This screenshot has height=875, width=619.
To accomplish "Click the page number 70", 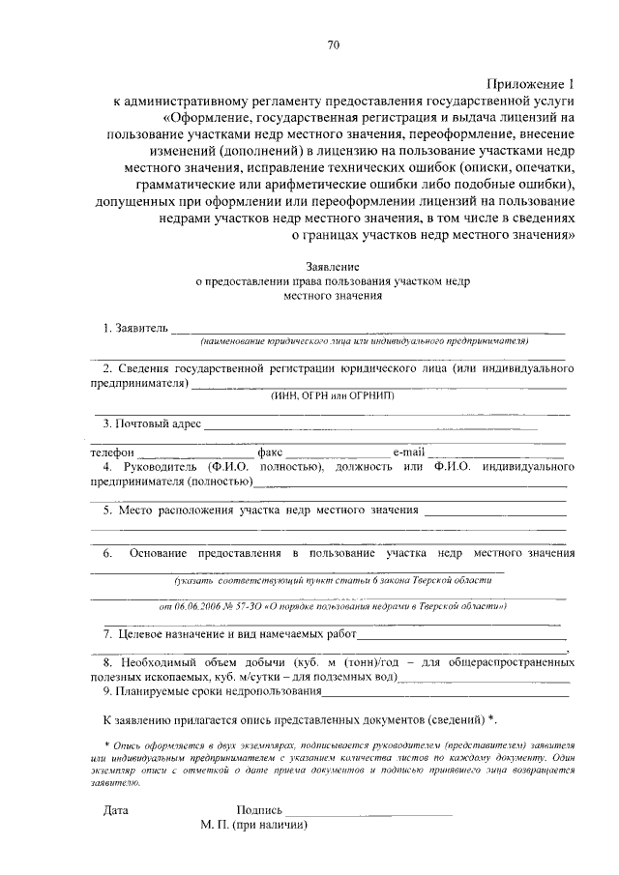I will [333, 44].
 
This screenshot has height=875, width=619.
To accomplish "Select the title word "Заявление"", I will [332, 265].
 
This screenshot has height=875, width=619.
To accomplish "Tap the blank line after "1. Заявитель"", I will [368, 331].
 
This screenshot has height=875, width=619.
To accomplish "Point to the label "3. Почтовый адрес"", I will [151, 423].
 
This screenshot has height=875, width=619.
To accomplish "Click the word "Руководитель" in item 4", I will [156, 467].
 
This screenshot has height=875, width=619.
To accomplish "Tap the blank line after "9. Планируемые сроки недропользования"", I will [444, 692].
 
